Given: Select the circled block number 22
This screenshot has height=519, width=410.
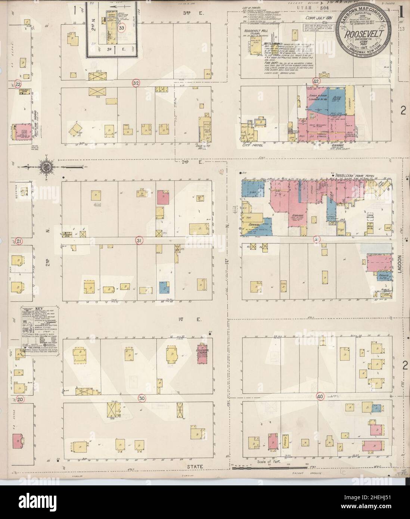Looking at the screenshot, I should [x=18, y=84].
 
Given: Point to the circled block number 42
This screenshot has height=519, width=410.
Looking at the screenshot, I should [x=316, y=81].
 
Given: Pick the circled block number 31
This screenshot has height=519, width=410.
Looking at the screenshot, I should [x=139, y=241].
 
